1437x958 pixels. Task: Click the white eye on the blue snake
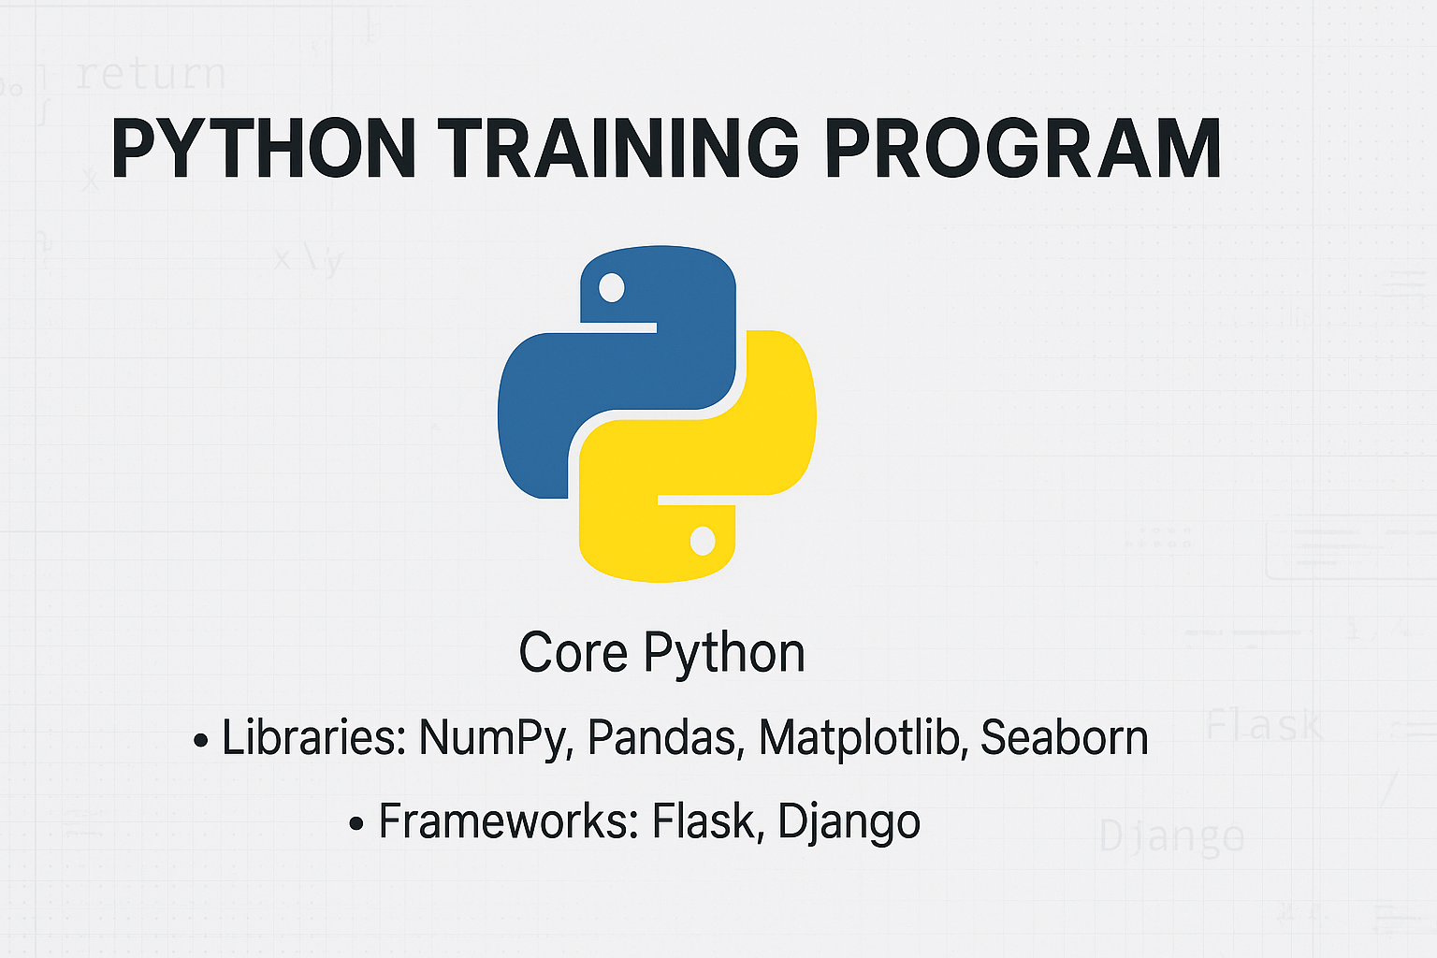(x=611, y=287)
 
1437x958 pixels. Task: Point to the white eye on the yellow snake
(x=703, y=540)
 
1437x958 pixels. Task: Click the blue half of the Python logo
(x=599, y=374)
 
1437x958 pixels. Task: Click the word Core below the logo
(x=573, y=653)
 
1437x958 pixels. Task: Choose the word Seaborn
(x=1064, y=737)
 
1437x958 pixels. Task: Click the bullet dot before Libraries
(x=200, y=741)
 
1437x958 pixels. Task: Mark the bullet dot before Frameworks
(x=356, y=824)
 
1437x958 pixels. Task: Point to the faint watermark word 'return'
(x=151, y=74)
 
